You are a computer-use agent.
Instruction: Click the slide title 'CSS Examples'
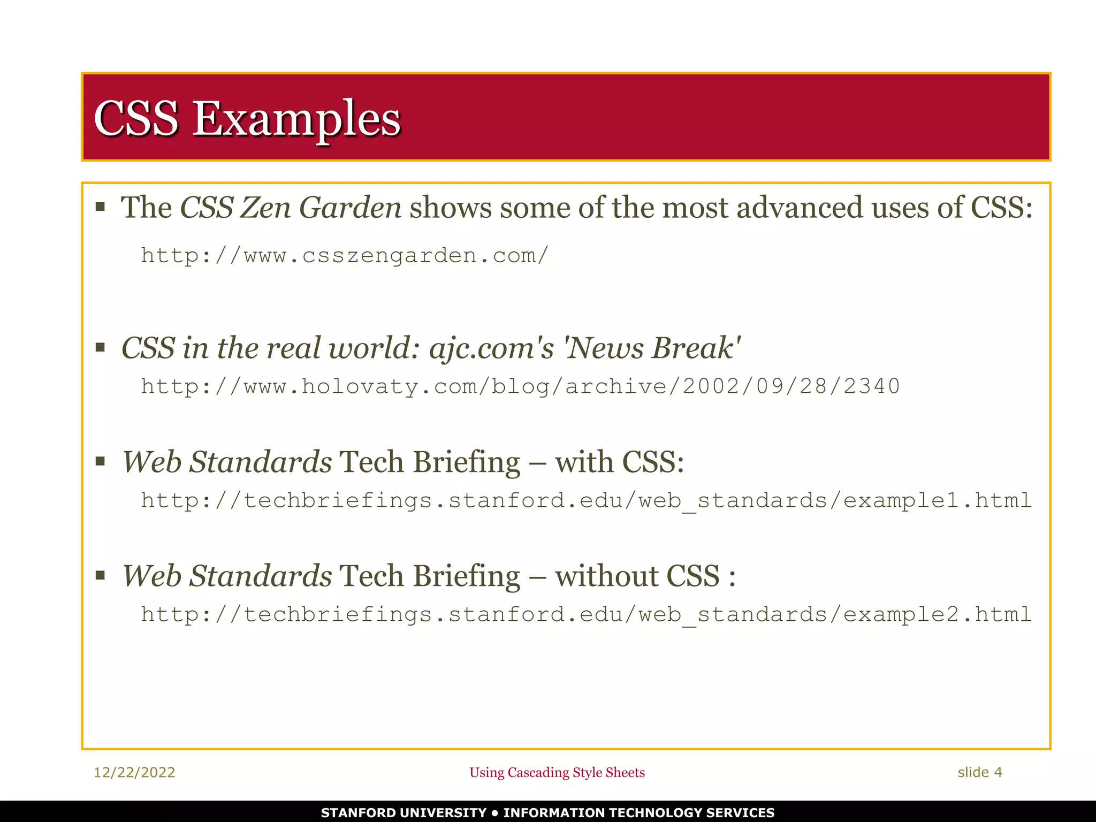(x=247, y=118)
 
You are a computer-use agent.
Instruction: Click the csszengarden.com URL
(x=345, y=256)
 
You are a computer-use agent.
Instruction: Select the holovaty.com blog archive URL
(x=520, y=386)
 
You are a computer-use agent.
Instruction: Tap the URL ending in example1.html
(x=586, y=500)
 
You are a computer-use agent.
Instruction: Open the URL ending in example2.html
(x=586, y=614)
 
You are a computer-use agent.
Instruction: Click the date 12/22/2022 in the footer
(x=134, y=772)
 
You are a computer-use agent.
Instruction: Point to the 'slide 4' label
(x=979, y=772)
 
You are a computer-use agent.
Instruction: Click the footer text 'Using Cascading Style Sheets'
(x=557, y=772)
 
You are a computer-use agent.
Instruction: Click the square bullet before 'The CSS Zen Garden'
(x=100, y=207)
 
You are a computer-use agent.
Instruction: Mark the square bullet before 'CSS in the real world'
(x=100, y=348)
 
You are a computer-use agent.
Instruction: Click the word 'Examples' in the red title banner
(x=296, y=118)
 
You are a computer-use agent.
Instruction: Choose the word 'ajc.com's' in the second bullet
(x=491, y=348)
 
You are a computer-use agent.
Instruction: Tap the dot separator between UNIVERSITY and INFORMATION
(x=495, y=813)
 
